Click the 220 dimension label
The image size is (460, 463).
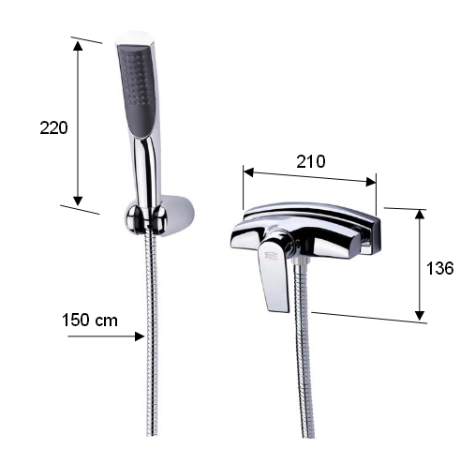pyautogui.click(x=53, y=128)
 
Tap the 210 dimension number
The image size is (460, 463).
pyautogui.click(x=311, y=161)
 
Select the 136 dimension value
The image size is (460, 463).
pyautogui.click(x=439, y=268)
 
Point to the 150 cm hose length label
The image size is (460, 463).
pyautogui.click(x=90, y=321)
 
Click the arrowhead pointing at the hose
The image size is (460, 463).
pyautogui.click(x=140, y=336)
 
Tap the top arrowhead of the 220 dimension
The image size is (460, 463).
pyautogui.click(x=78, y=46)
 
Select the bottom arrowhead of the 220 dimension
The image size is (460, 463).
pyautogui.click(x=78, y=201)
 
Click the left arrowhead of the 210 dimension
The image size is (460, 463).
pyautogui.click(x=248, y=172)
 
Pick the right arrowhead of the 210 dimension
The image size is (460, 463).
pyautogui.click(x=371, y=182)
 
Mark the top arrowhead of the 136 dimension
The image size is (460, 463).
pyautogui.click(x=421, y=215)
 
